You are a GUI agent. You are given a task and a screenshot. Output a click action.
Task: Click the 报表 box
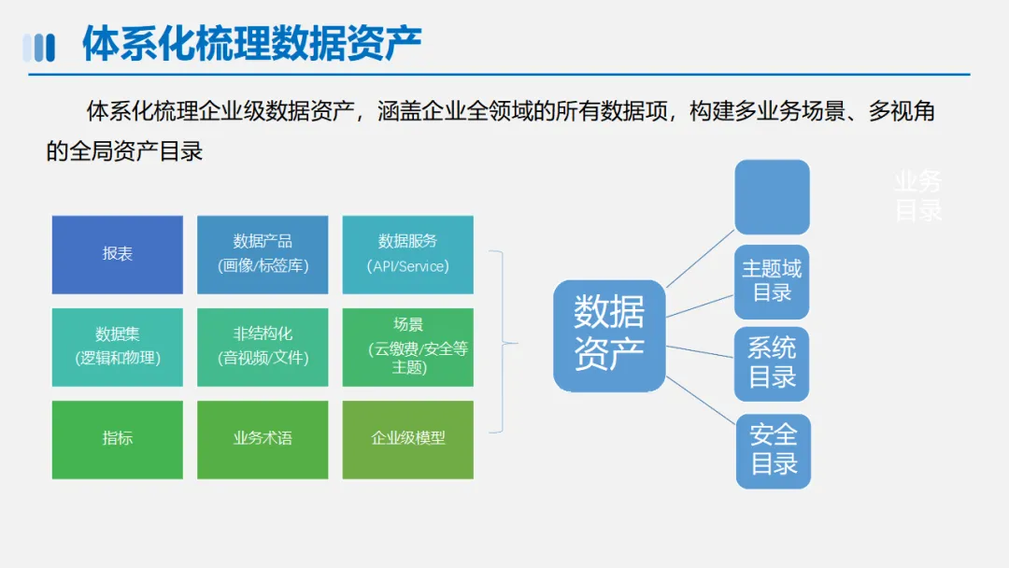coord(117,254)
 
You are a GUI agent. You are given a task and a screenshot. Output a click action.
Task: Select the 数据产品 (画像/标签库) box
coord(263,254)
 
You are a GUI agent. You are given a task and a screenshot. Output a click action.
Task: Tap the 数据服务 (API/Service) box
coord(407,254)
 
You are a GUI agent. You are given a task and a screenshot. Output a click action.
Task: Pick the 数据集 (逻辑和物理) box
coord(117,347)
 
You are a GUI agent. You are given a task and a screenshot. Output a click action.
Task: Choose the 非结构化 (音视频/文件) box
coord(263,347)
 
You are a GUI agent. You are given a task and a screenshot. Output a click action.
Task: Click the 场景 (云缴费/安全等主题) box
coord(407,347)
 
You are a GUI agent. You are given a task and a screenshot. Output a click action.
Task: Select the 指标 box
coord(117,439)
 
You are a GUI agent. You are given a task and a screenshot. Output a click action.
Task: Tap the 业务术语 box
coord(263,439)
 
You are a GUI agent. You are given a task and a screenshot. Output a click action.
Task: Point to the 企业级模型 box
coord(407,439)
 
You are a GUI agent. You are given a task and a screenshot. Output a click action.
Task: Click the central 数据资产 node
coord(609,334)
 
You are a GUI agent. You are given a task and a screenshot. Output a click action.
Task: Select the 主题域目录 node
coord(772,281)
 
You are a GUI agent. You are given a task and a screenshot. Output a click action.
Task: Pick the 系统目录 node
coord(772,363)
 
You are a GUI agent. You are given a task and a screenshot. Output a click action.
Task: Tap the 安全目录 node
coord(773,450)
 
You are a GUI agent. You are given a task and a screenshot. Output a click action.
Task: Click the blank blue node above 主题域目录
coord(772,197)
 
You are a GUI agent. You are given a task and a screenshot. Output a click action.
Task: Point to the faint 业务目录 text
coord(917,196)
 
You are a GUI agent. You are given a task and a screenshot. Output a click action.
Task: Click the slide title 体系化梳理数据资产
coord(252,44)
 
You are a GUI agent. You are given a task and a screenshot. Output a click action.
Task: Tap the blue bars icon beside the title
coord(38,47)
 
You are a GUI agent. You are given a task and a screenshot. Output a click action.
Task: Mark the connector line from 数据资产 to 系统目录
coord(701,351)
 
